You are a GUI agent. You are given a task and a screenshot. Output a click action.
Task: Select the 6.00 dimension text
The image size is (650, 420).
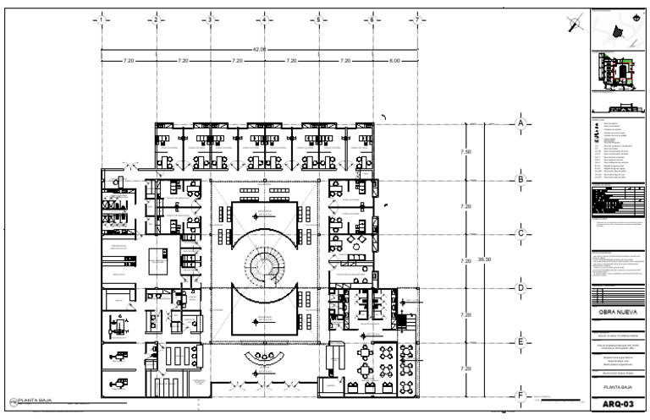(394, 61)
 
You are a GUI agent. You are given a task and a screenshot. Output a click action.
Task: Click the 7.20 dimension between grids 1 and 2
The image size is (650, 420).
(129, 61)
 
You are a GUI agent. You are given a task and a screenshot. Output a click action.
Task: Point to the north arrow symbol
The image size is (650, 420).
(576, 23)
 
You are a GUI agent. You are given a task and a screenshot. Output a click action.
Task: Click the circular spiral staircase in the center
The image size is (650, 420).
(264, 261)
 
